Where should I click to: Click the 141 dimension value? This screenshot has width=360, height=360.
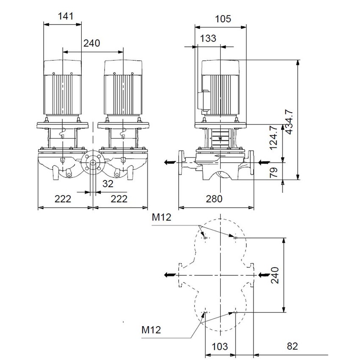(66, 17)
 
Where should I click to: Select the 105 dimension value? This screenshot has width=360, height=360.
(223, 19)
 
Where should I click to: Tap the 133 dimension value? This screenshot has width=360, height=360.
(208, 38)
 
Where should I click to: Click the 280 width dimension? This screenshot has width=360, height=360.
(216, 199)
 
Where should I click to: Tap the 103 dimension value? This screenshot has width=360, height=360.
(219, 346)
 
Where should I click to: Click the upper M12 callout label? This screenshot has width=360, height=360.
(162, 218)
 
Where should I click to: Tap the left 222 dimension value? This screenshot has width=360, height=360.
(62, 199)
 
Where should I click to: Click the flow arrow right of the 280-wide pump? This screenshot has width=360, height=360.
(263, 162)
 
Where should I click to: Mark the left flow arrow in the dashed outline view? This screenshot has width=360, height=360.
(169, 274)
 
